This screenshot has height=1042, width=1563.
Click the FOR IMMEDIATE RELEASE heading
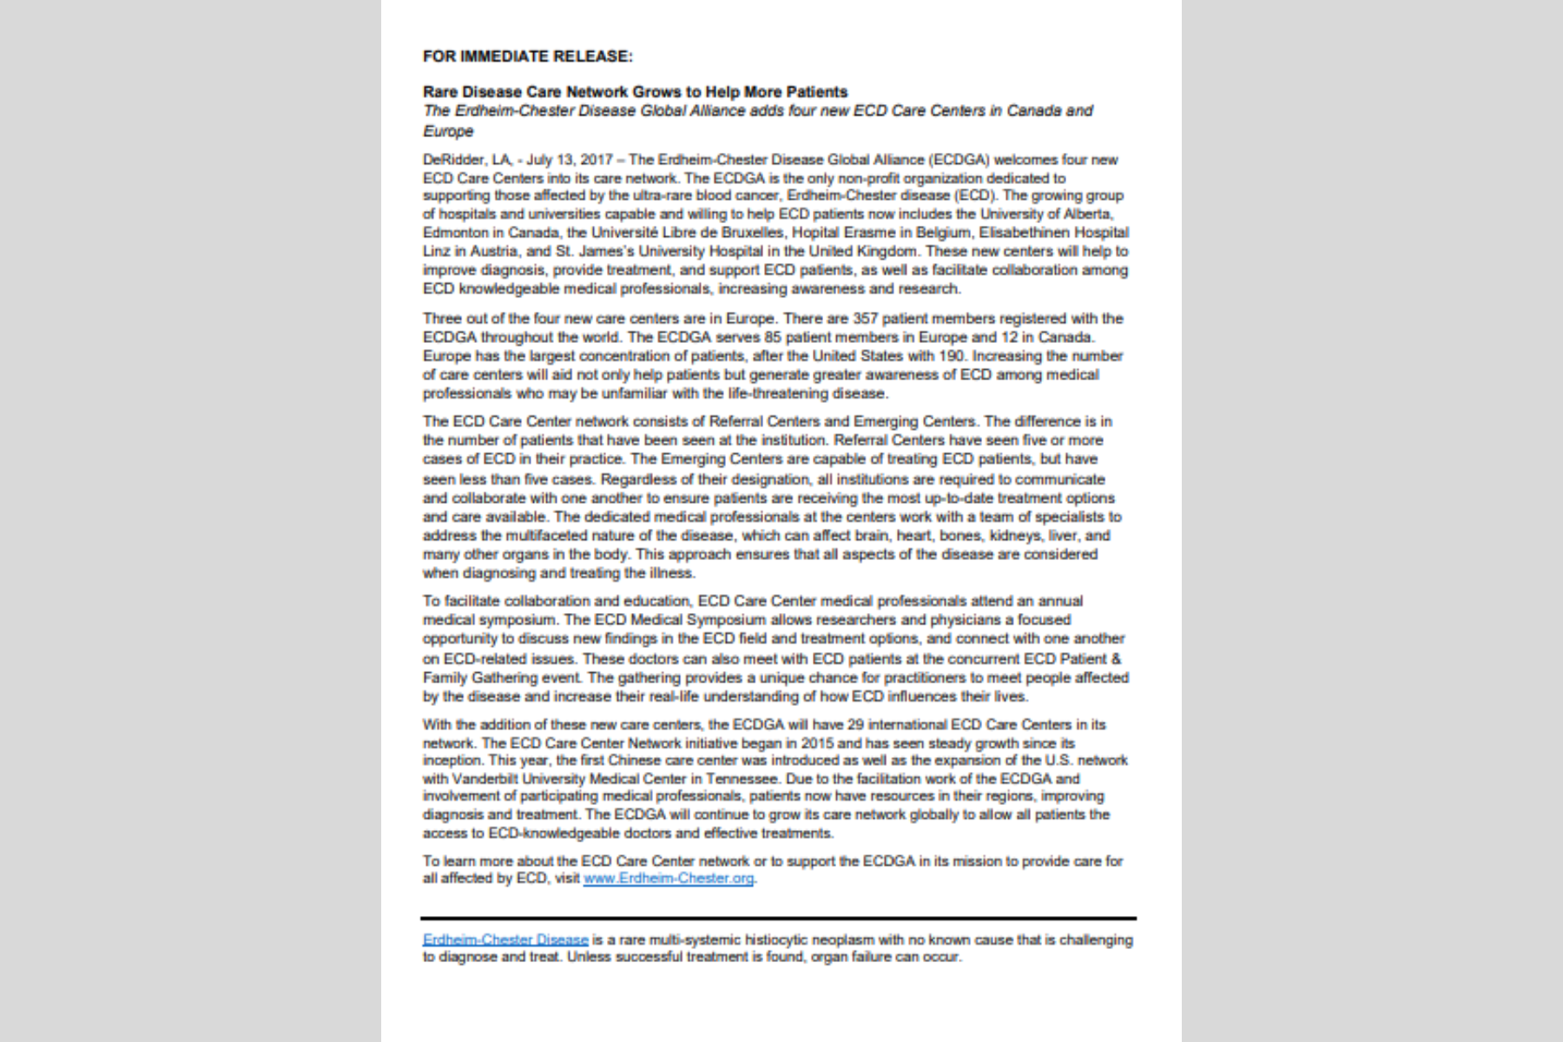pyautogui.click(x=527, y=56)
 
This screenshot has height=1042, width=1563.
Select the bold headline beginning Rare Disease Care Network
pyautogui.click(x=635, y=92)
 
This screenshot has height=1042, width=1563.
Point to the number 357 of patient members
pyautogui.click(x=865, y=319)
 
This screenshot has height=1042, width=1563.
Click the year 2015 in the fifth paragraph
pyautogui.click(x=817, y=743)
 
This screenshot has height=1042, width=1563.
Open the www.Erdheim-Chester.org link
pyautogui.click(x=669, y=878)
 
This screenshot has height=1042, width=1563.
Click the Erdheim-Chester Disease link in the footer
pyautogui.click(x=505, y=940)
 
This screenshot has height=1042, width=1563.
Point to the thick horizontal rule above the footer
pyautogui.click(x=778, y=918)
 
